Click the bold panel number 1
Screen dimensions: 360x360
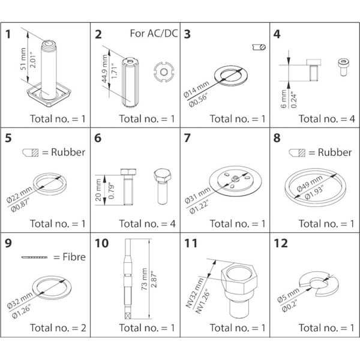[10, 34]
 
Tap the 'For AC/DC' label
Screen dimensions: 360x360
[152, 34]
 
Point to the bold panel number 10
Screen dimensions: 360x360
[102, 244]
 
